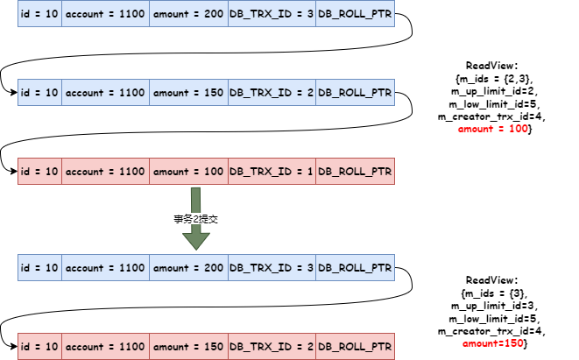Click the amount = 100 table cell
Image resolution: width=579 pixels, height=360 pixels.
(188, 172)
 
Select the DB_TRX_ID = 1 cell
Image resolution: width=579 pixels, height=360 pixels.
(272, 172)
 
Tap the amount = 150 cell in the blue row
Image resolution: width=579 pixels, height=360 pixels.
(188, 93)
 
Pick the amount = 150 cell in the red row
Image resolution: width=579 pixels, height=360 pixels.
(188, 347)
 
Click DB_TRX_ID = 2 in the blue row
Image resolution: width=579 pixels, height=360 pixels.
(272, 93)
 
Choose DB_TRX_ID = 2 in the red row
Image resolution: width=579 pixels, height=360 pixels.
(272, 347)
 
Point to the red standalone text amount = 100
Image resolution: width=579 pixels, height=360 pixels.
(492, 129)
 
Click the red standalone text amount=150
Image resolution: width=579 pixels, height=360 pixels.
(492, 343)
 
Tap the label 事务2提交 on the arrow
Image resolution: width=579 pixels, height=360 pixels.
(194, 219)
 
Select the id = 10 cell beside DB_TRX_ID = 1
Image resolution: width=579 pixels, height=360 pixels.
(39, 172)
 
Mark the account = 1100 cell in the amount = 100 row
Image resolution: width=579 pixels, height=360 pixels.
(105, 172)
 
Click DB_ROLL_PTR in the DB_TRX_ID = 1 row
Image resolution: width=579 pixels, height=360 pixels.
(355, 172)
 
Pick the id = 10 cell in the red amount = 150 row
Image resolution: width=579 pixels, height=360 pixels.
(39, 347)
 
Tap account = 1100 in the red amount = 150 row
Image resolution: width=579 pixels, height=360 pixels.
(105, 347)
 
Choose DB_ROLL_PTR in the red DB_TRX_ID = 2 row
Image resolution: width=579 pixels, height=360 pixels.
(355, 347)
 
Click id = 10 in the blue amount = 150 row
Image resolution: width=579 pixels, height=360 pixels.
(39, 93)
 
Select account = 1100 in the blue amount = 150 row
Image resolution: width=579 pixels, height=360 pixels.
(105, 93)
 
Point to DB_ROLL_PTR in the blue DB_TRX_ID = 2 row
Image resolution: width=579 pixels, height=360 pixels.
(355, 93)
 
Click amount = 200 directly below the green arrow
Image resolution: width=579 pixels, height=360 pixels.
(188, 268)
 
